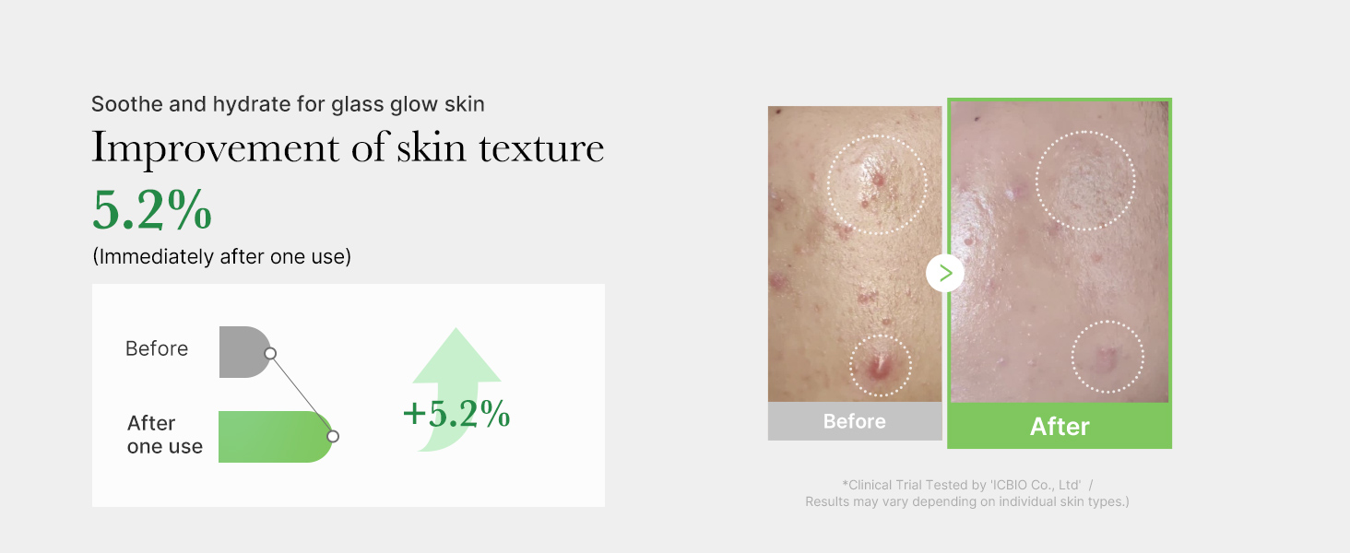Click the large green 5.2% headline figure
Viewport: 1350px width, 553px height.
coord(152,209)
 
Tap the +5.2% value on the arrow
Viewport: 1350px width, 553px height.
coord(456,414)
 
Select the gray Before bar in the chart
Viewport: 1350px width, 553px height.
coord(244,352)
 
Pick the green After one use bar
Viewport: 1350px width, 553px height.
coord(276,437)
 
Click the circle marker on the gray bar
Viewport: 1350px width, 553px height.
coord(270,354)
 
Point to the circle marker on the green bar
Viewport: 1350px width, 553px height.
coord(333,436)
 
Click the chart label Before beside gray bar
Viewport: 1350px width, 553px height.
coord(157,348)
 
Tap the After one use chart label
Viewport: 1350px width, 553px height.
coord(164,434)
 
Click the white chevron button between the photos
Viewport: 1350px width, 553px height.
coord(945,274)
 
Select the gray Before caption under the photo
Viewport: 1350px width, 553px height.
coord(855,421)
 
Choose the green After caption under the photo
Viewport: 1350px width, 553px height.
coord(1060,426)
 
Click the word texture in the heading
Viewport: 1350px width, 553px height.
coord(541,147)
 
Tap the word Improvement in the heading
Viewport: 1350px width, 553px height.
coord(215,148)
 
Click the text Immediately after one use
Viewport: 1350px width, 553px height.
coord(222,256)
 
